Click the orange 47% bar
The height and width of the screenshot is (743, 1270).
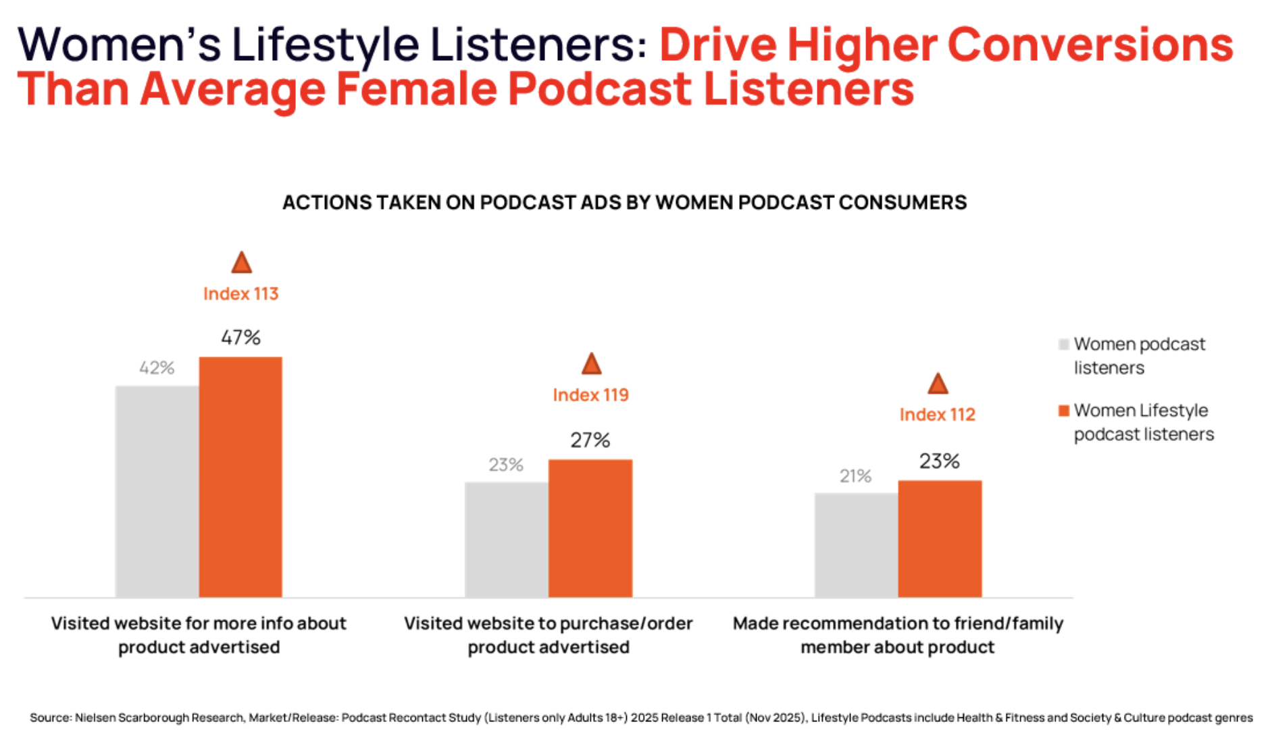[x=240, y=477]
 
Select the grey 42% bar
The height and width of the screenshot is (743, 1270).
[x=157, y=491]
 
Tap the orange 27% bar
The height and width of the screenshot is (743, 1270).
[x=590, y=528]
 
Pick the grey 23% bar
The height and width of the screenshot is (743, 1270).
[x=506, y=539]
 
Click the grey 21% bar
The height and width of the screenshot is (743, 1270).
[x=856, y=544]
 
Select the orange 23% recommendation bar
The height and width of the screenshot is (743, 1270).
[x=940, y=538]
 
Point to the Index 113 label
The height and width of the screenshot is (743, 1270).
[x=240, y=294]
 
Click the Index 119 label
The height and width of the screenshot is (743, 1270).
[x=590, y=395]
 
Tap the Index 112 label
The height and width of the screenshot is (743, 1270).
[x=937, y=415]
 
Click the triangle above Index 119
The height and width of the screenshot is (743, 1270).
[x=591, y=365]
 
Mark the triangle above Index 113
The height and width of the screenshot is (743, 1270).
[x=241, y=263]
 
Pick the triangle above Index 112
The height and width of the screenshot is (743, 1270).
[x=937, y=385]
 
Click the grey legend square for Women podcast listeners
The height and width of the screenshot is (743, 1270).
[x=1063, y=344]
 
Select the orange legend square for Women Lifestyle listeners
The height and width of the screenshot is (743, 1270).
[x=1063, y=411]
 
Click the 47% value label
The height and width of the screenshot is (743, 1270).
[x=240, y=337]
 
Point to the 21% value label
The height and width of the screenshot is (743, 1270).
[x=855, y=476]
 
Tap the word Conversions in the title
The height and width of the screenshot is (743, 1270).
[x=1090, y=45]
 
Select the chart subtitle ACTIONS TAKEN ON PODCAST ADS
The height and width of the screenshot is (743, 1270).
[x=624, y=203]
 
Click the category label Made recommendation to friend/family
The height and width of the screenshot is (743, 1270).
[x=897, y=623]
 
